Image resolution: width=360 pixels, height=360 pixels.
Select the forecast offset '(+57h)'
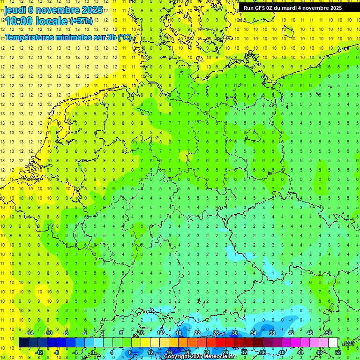click(x=81, y=21)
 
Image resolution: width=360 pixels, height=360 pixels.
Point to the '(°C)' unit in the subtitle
click(x=124, y=37)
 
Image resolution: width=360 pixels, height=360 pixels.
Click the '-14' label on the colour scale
click(x=30, y=333)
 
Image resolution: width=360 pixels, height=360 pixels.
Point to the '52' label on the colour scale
click(x=337, y=352)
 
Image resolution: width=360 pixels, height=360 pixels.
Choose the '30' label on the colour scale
click(x=234, y=333)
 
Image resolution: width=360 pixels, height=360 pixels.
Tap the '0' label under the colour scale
click(x=93, y=352)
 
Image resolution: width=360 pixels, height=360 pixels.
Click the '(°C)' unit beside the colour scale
click(x=349, y=343)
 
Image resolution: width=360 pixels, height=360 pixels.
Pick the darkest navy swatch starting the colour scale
click(x=23, y=343)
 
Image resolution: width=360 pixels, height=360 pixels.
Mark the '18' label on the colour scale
click(x=179, y=333)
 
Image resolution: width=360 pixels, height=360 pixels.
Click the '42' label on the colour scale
click(x=291, y=333)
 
